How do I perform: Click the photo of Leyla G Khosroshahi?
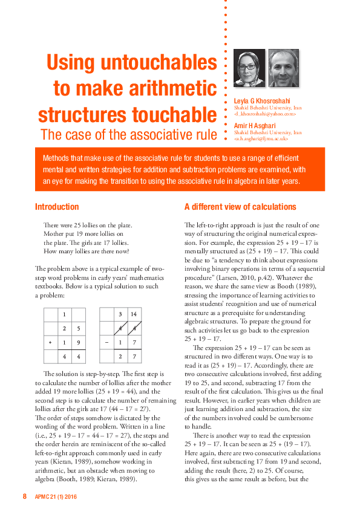coord(249,68)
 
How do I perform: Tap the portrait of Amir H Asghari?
coord(283,68)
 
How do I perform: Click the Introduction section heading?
coord(57,207)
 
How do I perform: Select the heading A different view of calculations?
coord(240,207)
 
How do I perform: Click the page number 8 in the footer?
coord(25,496)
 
